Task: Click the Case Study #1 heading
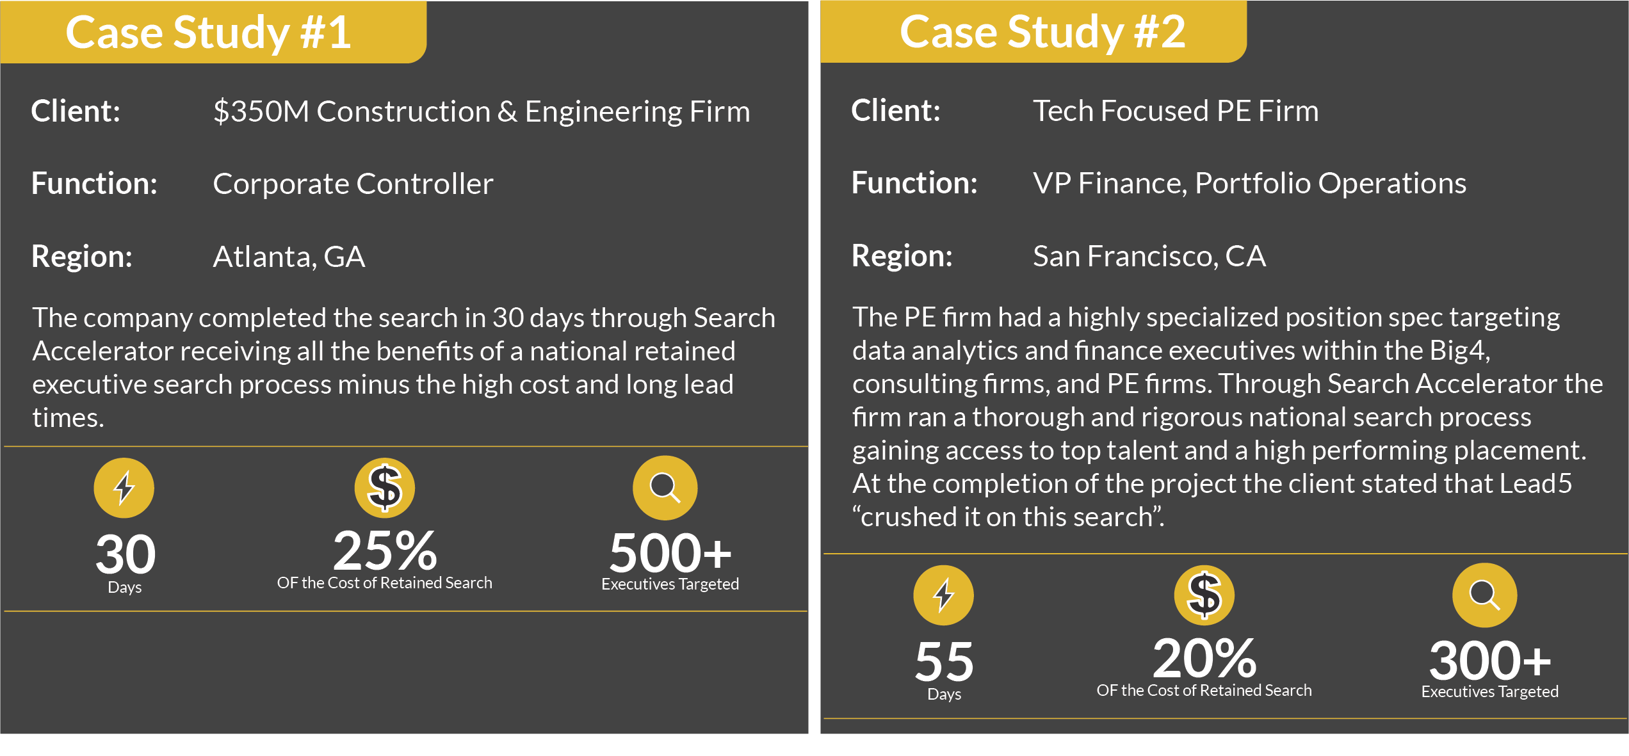[208, 33]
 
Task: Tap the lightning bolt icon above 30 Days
[124, 488]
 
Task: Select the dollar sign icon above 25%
[385, 488]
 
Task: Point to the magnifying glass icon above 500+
[665, 488]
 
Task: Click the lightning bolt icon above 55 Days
[944, 595]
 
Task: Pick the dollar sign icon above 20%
[1204, 595]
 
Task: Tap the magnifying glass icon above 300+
[1484, 595]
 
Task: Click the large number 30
[126, 554]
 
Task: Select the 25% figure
[385, 551]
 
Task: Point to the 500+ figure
[670, 553]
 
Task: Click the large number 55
[944, 662]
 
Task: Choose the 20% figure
[1205, 658]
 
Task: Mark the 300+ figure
[1490, 661]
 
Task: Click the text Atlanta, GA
[289, 257]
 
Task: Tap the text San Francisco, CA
[1149, 256]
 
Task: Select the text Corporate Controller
[353, 184]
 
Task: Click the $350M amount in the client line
[261, 111]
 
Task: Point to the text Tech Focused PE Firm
[1176, 111]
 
